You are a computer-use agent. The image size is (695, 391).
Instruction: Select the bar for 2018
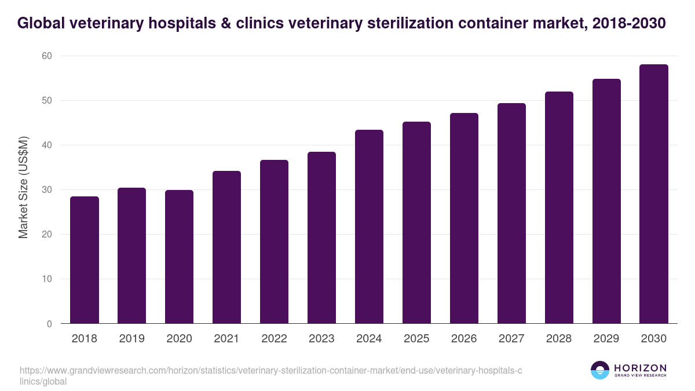[x=85, y=260]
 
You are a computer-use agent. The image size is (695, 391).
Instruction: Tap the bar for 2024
[x=369, y=226]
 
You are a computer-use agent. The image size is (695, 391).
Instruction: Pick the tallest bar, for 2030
[x=654, y=194]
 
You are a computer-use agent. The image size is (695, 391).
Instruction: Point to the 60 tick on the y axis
[x=46, y=56]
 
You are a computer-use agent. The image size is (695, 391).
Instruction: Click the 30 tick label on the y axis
[x=46, y=190]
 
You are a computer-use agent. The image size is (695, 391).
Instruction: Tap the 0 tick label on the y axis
[x=49, y=324]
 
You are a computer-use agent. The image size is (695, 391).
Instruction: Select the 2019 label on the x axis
[x=131, y=339]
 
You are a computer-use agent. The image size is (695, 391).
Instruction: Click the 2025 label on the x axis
[x=416, y=339]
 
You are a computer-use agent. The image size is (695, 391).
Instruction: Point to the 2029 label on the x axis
[x=606, y=339]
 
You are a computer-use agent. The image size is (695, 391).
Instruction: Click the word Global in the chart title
[x=41, y=24]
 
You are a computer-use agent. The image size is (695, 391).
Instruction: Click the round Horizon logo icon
[x=599, y=370]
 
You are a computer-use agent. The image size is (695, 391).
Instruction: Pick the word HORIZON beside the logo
[x=640, y=368]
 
